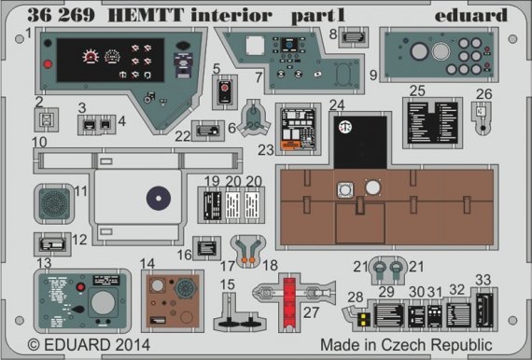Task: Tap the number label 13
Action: [x=43, y=264]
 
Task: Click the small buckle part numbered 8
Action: [x=353, y=37]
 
